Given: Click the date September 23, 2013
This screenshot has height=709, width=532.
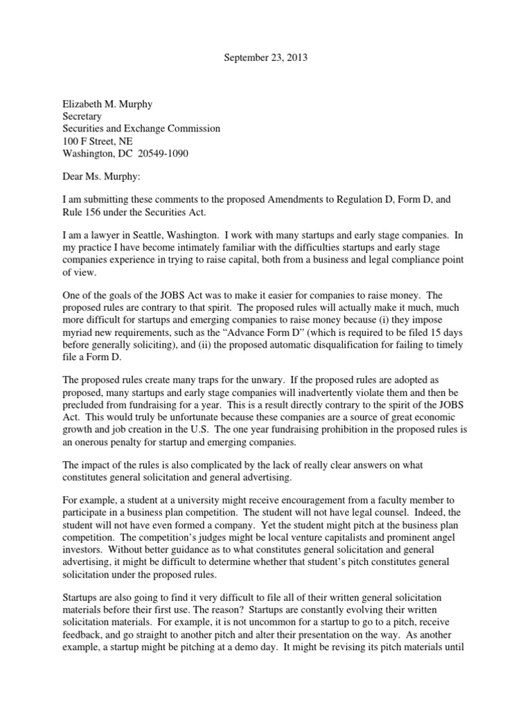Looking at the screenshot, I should [266, 58].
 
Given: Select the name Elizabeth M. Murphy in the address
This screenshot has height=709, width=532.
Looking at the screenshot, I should [107, 105].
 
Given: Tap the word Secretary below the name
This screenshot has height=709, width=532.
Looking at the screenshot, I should [83, 117].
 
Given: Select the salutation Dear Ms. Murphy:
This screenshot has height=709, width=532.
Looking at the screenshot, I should [100, 176].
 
